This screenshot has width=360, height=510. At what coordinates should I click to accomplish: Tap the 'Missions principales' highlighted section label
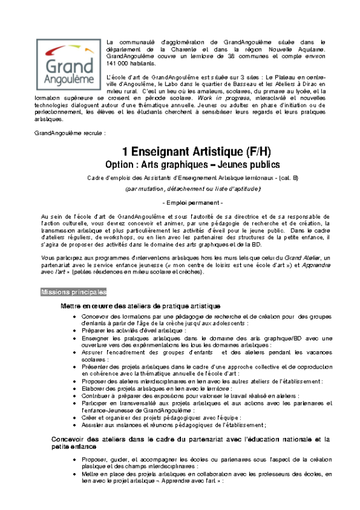(73, 292)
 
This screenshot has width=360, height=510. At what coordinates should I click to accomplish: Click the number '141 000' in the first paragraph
(119, 64)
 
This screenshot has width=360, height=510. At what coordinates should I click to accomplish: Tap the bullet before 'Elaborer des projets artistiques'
(76, 388)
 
